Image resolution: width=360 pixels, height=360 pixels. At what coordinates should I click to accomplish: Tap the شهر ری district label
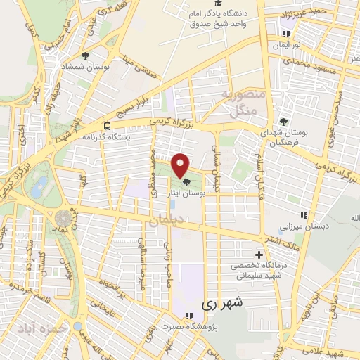[225, 304]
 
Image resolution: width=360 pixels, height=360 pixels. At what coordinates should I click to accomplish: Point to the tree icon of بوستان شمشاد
[85, 56]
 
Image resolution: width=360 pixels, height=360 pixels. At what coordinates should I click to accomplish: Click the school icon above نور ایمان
[286, 33]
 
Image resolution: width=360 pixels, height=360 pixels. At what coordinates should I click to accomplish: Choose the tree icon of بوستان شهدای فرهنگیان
[284, 121]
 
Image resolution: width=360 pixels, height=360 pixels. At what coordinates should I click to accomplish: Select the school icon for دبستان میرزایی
[304, 214]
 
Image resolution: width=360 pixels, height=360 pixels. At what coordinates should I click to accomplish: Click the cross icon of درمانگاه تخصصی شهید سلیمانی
[259, 255]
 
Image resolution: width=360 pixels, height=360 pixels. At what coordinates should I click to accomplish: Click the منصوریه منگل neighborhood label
[243, 101]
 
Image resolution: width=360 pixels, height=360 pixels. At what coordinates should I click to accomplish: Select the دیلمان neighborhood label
[165, 221]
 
